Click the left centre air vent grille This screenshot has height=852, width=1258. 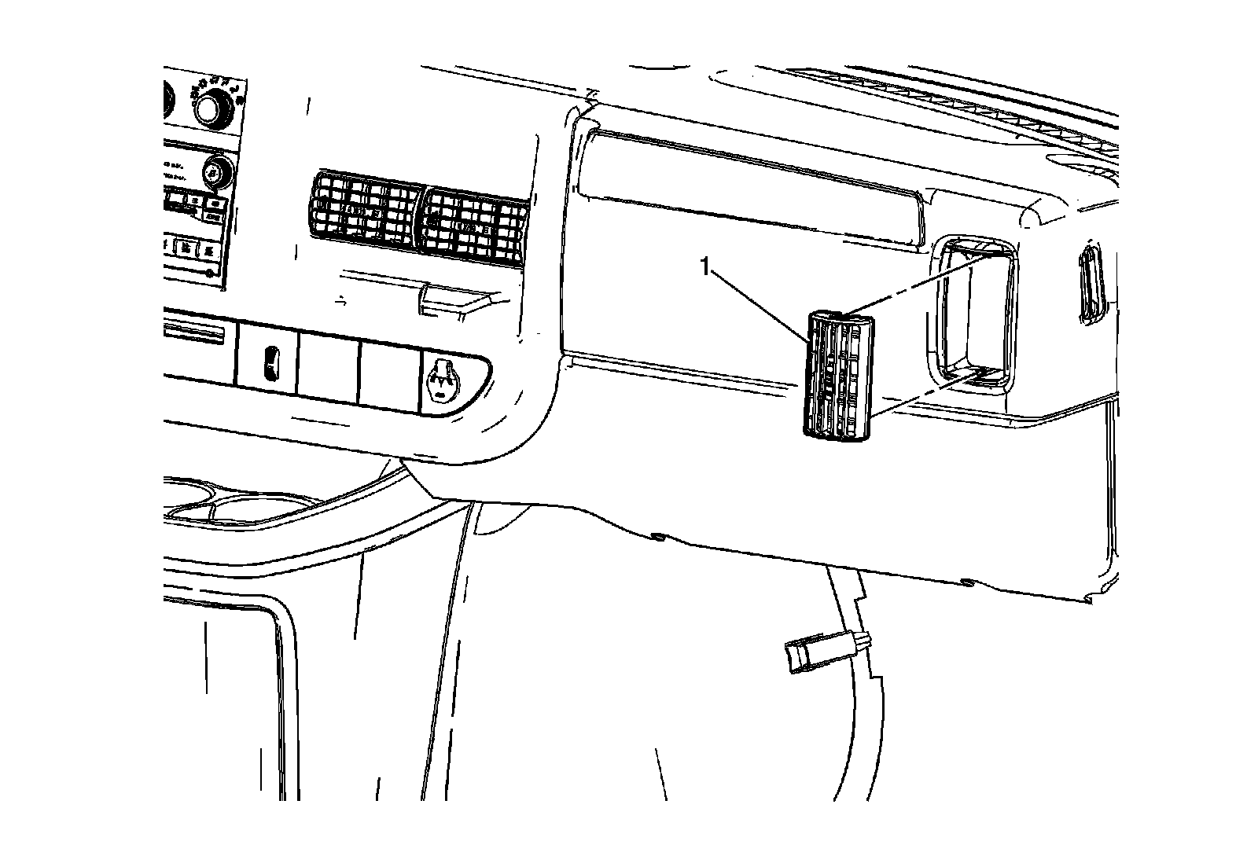click(x=363, y=206)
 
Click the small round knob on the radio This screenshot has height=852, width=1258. click(x=214, y=171)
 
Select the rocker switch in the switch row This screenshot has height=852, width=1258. click(x=269, y=364)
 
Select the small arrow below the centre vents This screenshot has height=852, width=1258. click(x=340, y=299)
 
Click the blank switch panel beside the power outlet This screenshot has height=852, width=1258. click(x=390, y=373)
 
